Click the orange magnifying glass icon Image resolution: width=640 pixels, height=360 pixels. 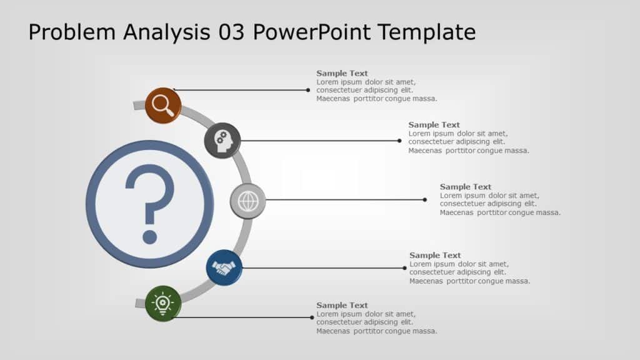[x=163, y=106]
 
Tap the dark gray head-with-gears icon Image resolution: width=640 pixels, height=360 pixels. [x=222, y=141]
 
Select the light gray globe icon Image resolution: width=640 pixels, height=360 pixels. [x=248, y=201]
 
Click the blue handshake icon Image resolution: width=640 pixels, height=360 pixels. [x=224, y=268]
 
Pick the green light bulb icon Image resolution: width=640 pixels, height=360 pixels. [x=163, y=304]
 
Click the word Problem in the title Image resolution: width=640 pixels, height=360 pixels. [x=72, y=32]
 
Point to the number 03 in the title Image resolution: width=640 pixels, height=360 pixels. [x=232, y=32]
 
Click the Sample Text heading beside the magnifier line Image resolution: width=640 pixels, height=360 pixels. [x=342, y=73]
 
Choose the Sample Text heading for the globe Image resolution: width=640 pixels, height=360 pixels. [x=466, y=187]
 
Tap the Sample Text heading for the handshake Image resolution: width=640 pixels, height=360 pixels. [x=435, y=255]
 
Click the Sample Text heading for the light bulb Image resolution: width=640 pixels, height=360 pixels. [x=342, y=305]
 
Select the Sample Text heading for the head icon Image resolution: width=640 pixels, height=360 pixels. [x=434, y=124]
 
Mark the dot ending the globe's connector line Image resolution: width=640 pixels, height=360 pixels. [x=425, y=200]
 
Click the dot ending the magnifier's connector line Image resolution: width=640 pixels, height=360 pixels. [x=308, y=90]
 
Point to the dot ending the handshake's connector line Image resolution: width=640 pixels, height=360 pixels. [x=405, y=268]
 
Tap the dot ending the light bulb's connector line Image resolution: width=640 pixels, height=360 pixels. [x=312, y=317]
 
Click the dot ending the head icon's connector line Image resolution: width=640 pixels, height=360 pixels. [x=399, y=141]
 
